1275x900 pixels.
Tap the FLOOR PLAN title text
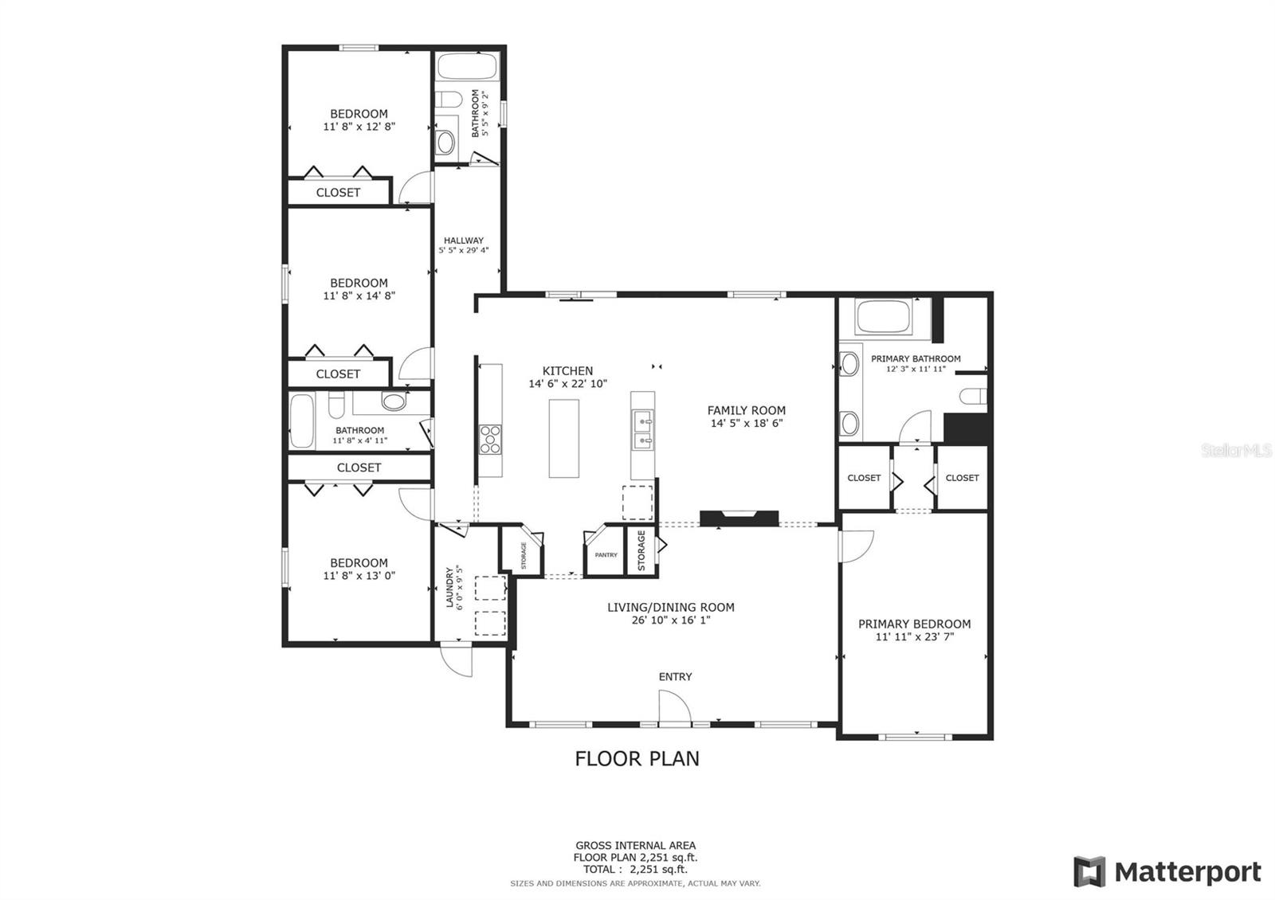tap(637, 759)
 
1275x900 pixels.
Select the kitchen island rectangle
tap(563, 438)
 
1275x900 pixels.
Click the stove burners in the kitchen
tap(490, 439)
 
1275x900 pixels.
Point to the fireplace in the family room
tap(739, 518)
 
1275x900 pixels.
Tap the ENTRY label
tap(675, 676)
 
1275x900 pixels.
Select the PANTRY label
tap(606, 554)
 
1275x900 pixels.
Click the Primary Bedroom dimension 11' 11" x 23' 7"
tap(914, 636)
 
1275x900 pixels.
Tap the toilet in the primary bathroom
tap(972, 395)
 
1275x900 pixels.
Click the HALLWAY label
tap(463, 240)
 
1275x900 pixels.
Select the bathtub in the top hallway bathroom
tap(467, 66)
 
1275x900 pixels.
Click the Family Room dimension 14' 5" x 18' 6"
tap(746, 423)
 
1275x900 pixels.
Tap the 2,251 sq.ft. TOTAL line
tap(635, 869)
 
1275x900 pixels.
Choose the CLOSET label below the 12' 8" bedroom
tap(338, 192)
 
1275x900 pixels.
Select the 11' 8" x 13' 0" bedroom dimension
tap(359, 575)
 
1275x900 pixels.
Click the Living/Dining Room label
tap(670, 607)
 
